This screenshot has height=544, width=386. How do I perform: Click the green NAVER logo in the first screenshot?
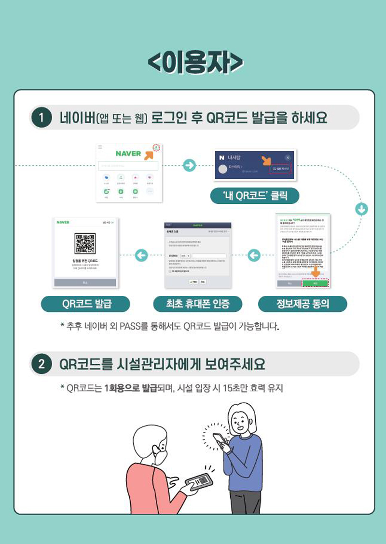[x=128, y=154]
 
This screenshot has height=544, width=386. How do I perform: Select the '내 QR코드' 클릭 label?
[x=255, y=196]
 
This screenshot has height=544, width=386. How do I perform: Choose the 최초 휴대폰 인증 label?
[x=197, y=304]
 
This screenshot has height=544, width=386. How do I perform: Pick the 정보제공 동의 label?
[x=303, y=304]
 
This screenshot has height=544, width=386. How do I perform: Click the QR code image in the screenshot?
[x=85, y=243]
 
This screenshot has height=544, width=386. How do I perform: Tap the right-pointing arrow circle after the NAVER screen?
[x=190, y=165]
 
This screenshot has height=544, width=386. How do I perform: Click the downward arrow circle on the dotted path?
[x=361, y=210]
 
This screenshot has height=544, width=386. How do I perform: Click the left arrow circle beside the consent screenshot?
[x=254, y=255]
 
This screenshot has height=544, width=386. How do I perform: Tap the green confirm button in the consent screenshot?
[x=315, y=283]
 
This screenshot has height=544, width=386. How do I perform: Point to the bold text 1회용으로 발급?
[x=127, y=388]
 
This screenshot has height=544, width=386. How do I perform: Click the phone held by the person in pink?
[x=199, y=480]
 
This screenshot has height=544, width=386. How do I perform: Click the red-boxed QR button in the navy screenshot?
[x=280, y=169]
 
